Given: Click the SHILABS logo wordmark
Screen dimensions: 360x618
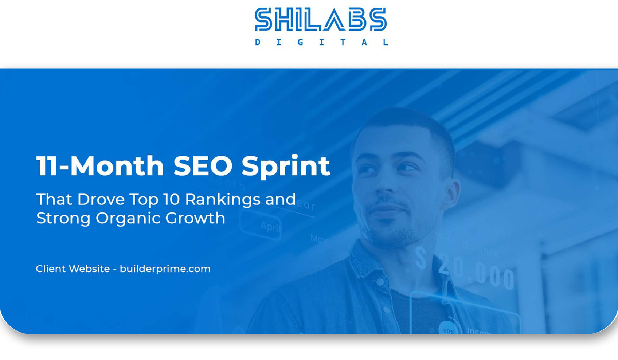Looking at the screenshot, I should (x=321, y=20).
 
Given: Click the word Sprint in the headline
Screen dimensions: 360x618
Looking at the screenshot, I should (x=286, y=166).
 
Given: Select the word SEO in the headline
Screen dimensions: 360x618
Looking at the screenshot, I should (x=203, y=166).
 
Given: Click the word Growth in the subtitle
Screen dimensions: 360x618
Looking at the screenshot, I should (x=195, y=218).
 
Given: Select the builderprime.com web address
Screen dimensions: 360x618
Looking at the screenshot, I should (x=165, y=269).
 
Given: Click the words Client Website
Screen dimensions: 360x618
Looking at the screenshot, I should (x=73, y=269).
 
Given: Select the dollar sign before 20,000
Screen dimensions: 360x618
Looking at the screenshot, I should (x=421, y=258).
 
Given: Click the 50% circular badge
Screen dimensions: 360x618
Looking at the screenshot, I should (x=448, y=329).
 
